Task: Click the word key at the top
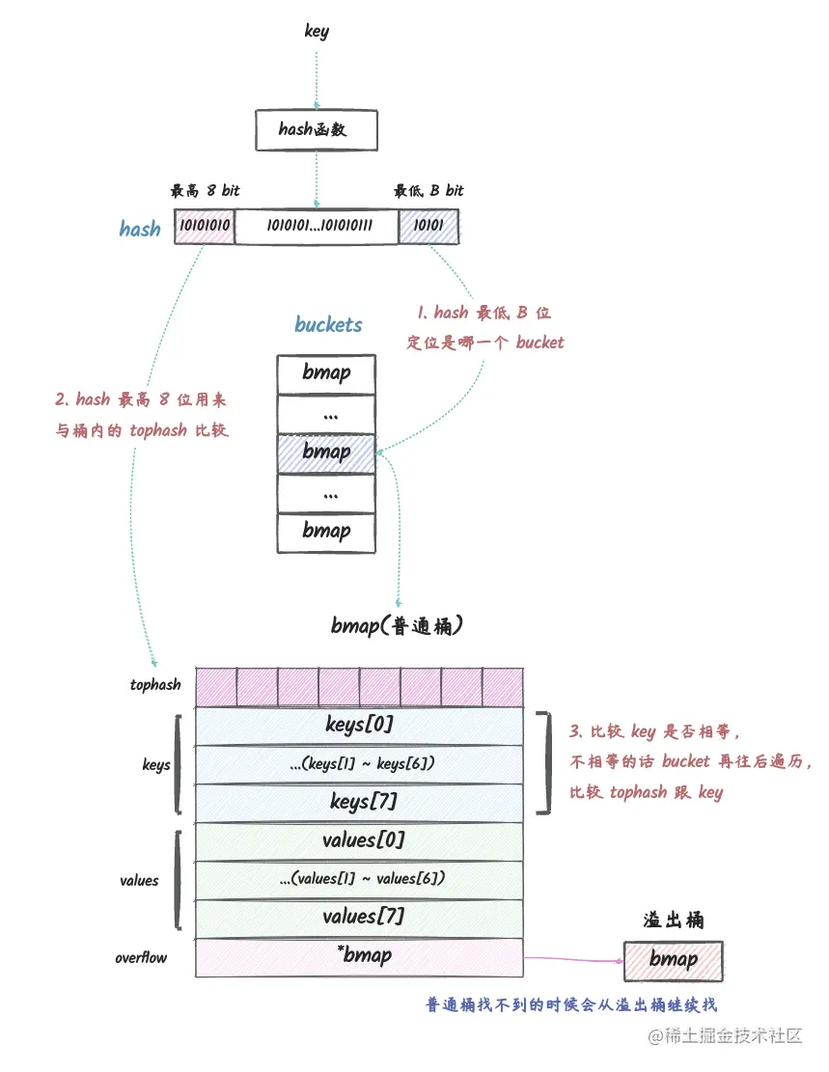tap(317, 31)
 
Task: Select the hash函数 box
tap(316, 129)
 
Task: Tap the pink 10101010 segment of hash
tap(204, 226)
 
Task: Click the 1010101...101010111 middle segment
tap(317, 226)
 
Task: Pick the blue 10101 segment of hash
tap(428, 226)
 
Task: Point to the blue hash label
tap(140, 229)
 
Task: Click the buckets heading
tap(328, 324)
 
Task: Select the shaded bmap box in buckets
tap(326, 452)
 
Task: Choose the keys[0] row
tap(360, 725)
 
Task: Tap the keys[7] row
tap(360, 802)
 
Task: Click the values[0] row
tap(360, 840)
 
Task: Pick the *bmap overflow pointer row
tap(360, 956)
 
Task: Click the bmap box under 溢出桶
tap(673, 959)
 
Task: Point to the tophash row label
tap(155, 685)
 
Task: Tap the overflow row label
tap(141, 958)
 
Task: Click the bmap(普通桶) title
tap(400, 626)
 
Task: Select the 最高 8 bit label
tap(205, 190)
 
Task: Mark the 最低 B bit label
tap(428, 190)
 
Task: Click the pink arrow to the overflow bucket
tap(573, 959)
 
